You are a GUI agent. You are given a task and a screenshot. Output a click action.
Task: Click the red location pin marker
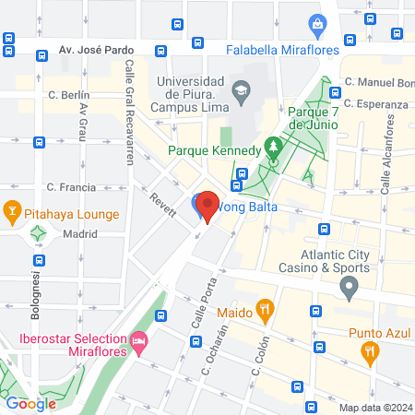207,207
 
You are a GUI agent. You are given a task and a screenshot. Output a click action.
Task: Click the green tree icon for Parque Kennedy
272,147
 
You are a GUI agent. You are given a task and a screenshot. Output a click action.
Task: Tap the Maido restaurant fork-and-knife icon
265,310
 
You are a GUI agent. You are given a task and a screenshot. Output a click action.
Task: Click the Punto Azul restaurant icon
370,351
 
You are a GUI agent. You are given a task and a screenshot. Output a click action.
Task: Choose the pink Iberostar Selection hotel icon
139,343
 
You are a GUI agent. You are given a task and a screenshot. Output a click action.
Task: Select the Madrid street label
81,234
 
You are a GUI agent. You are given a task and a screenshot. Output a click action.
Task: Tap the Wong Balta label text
247,207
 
